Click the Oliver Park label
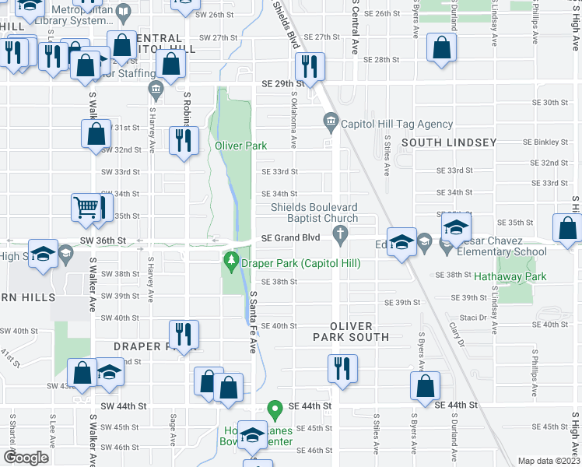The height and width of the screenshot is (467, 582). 241,146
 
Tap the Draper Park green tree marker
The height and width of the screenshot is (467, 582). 230,258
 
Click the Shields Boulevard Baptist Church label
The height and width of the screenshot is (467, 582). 314,212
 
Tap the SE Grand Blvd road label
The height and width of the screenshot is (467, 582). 291,237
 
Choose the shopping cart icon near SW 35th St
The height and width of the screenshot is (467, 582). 86,207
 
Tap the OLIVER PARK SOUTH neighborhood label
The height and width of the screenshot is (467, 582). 351,332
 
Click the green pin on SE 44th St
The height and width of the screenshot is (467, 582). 274,408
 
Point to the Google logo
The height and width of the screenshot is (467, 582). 26,458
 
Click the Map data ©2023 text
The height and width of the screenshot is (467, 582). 549,461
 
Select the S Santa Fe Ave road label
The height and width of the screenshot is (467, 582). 253,321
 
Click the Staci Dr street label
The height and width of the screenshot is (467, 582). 472,318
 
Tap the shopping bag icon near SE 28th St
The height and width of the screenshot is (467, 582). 441,47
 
